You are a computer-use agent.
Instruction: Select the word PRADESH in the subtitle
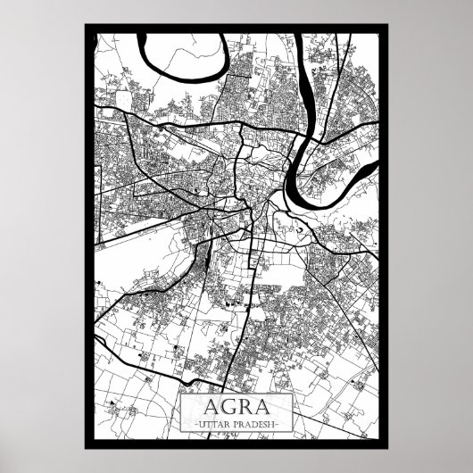point(258,420)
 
